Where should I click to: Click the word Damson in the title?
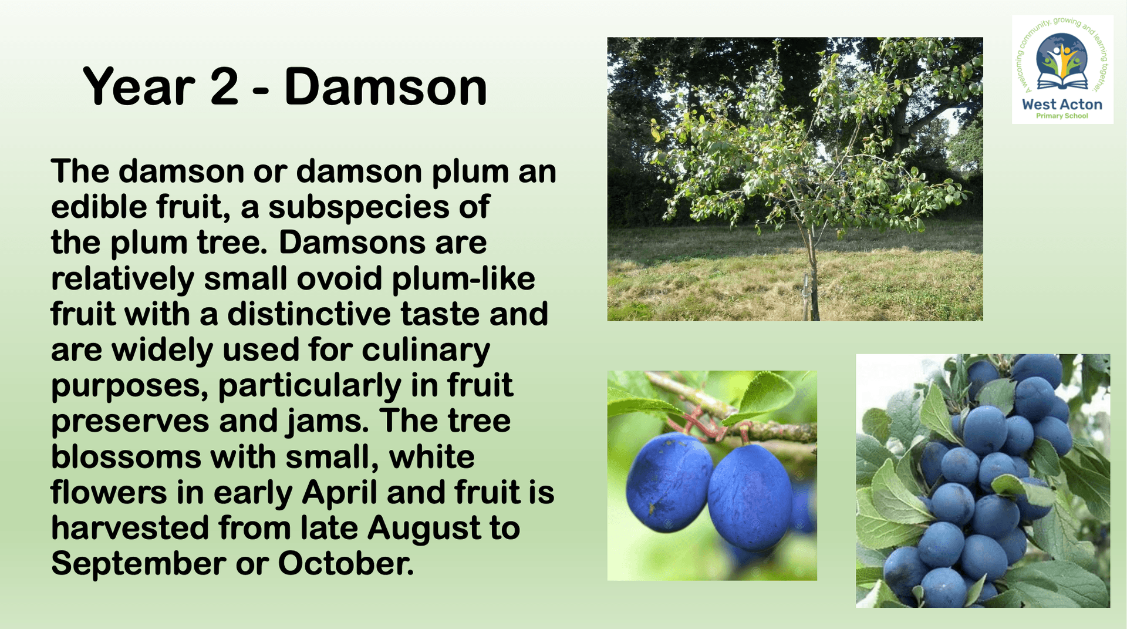point(386,87)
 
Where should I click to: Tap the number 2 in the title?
point(224,87)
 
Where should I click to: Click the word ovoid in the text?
point(340,278)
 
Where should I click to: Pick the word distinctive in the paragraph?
point(309,314)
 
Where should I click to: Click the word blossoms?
point(126,457)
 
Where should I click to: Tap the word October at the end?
point(346,564)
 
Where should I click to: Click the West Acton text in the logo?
point(1062,105)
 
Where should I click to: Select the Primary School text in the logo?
point(1062,116)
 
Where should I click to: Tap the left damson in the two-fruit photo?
point(669,482)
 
